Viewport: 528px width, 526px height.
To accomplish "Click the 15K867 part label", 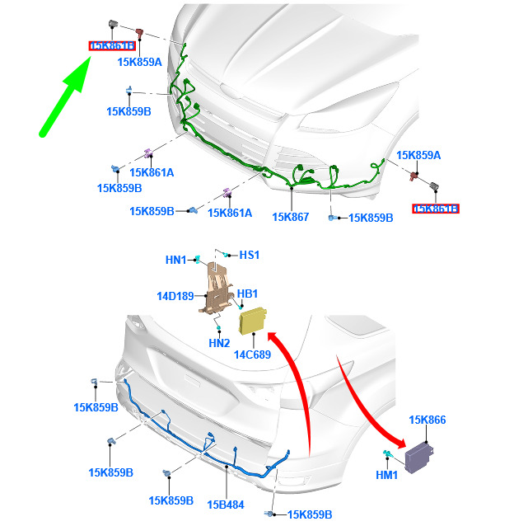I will coord(290,217).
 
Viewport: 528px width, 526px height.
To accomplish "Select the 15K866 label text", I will coord(428,420).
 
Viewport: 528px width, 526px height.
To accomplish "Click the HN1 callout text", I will coord(176,261).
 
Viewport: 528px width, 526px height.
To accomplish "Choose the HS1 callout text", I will coord(249,256).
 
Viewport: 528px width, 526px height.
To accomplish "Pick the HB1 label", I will coord(248,294).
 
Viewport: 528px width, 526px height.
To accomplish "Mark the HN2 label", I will coord(219,343).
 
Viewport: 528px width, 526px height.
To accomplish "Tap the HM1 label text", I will coord(386,475).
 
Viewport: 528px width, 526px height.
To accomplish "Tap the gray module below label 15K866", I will coord(427,453).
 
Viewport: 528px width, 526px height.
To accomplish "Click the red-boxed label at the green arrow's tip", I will coord(112,45).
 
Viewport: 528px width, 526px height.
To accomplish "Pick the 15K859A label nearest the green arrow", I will coord(140,62).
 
